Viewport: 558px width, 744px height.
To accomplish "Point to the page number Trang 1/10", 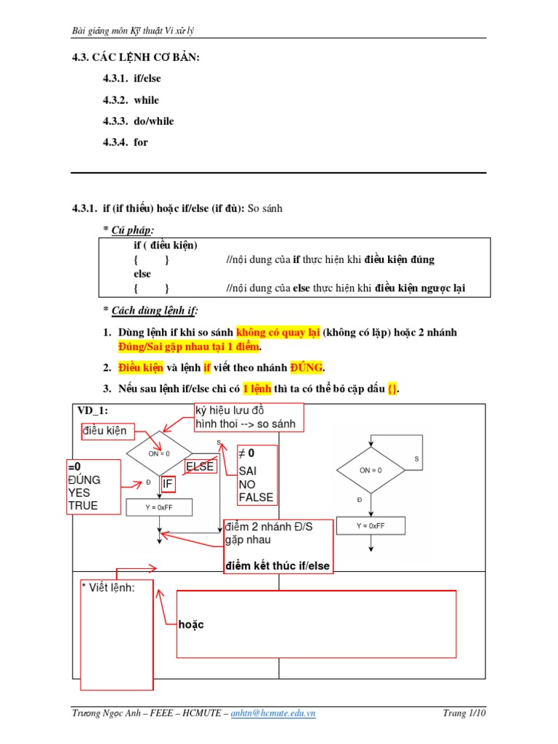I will point(464,713).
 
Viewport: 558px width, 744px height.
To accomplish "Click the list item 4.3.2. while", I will point(131,100).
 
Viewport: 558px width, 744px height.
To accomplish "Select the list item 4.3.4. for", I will point(126,142).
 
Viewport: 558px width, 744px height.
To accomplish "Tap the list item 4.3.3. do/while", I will point(138,121).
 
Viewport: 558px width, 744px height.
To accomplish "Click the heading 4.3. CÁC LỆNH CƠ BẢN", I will point(135,57).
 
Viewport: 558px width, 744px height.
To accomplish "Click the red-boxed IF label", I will point(168,483).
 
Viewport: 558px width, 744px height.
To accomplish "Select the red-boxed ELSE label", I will point(200,466).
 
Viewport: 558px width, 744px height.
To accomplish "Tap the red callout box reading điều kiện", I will point(105,431).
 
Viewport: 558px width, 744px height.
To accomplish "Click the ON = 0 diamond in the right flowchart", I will point(371,470).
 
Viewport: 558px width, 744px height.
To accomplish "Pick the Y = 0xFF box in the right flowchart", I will point(371,526).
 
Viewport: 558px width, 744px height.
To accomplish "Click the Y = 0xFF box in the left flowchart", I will point(159,507).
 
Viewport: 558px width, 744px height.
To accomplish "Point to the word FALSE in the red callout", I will point(256,497).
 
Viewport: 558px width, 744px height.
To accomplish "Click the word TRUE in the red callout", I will point(83,506).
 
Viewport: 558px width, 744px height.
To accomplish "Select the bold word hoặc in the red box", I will point(191,624).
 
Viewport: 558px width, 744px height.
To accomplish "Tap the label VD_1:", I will point(93,411).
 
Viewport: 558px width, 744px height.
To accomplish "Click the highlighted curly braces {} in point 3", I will point(392,389).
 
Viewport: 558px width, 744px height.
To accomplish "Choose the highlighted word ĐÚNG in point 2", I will point(306,368).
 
